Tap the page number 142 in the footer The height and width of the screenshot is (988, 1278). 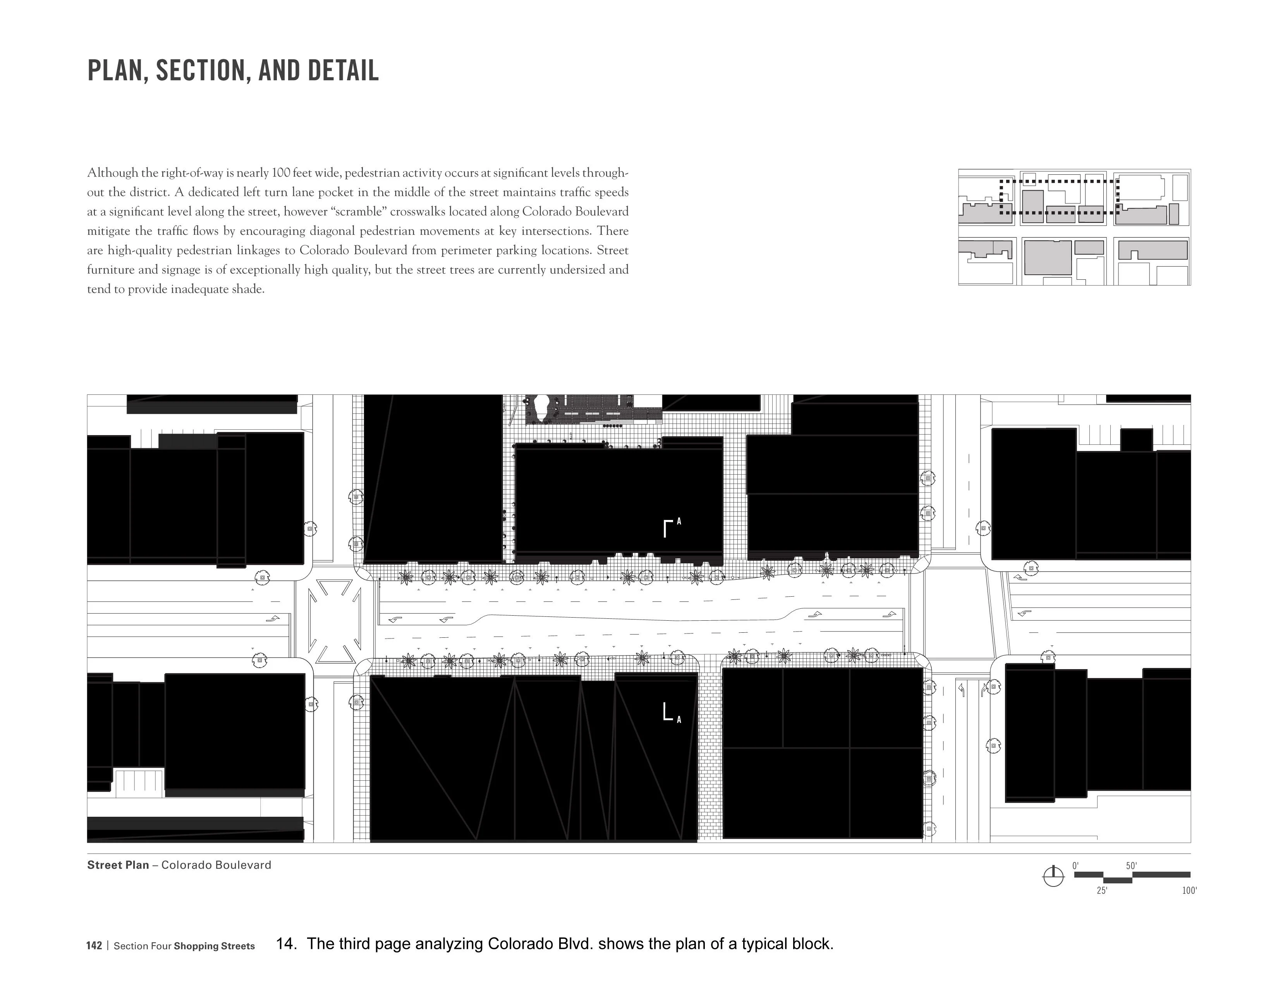tap(94, 946)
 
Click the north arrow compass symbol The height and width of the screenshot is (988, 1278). tap(1053, 876)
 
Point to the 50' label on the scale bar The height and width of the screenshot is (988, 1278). tap(1131, 866)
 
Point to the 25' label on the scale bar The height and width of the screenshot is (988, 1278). tap(1102, 891)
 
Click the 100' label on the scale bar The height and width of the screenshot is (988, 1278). tap(1189, 891)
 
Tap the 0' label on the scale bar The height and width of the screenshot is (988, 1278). tap(1075, 866)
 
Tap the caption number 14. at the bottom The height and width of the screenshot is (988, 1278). tap(286, 943)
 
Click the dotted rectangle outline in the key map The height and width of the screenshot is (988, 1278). tap(1059, 181)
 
